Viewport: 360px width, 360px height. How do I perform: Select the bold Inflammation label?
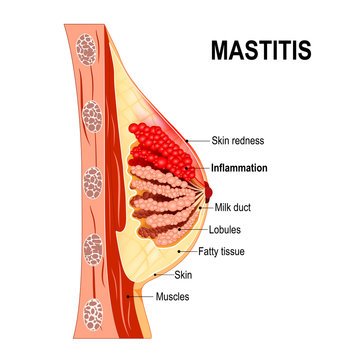coord(239,168)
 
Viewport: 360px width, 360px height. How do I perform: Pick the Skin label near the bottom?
coord(183,273)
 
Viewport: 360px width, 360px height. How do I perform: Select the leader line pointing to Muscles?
coord(141,297)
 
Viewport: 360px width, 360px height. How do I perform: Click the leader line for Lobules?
coord(195,228)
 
